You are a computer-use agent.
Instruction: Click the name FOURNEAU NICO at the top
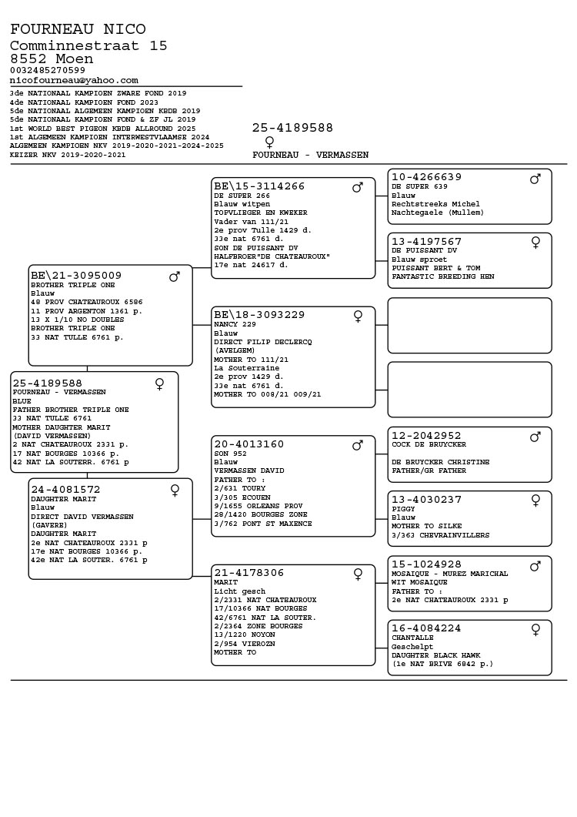tap(78, 29)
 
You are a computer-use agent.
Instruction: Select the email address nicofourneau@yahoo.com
tap(74, 80)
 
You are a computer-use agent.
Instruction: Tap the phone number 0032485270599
tap(48, 70)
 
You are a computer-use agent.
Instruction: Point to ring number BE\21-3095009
tap(76, 276)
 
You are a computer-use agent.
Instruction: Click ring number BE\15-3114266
tap(259, 186)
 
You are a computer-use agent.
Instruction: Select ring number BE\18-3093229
tap(259, 315)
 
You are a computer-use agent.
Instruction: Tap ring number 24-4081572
tap(65, 490)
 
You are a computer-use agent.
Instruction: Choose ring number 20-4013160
tap(249, 444)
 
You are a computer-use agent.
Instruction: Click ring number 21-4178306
tap(249, 573)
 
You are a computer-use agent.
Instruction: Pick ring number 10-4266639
tap(426, 177)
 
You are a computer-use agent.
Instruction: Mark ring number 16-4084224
tap(426, 628)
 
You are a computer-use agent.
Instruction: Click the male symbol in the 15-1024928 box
tap(535, 566)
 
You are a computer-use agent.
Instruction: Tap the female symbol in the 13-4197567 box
tap(535, 243)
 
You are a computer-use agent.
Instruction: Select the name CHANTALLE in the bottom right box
tap(412, 638)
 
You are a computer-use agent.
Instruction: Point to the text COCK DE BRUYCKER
tap(429, 445)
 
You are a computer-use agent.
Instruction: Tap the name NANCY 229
tap(235, 325)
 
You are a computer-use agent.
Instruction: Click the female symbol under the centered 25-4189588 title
tap(269, 142)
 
